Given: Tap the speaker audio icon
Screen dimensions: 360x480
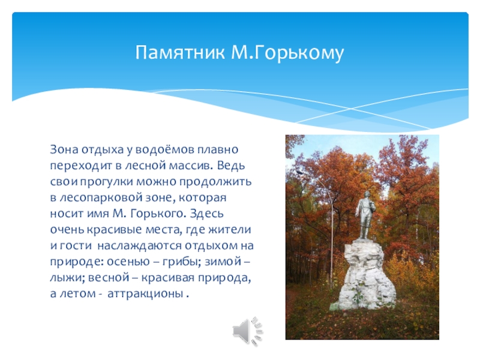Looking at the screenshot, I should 247,329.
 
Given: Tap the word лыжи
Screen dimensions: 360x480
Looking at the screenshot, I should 65,278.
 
